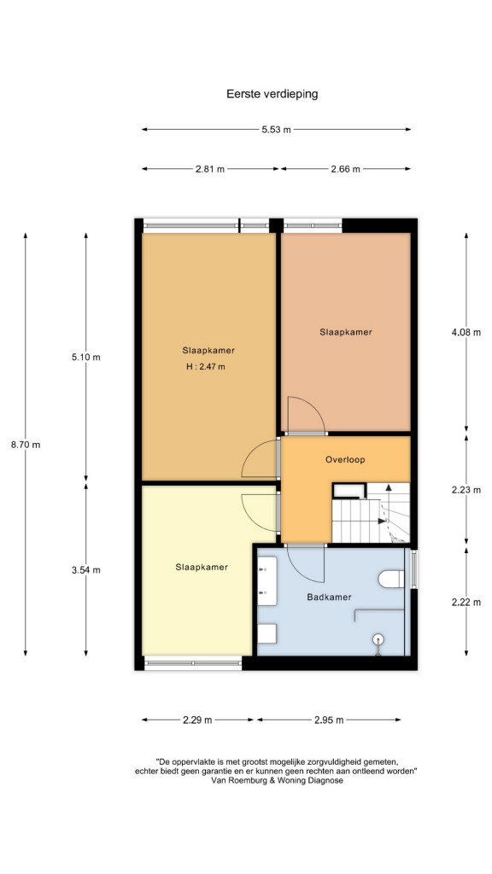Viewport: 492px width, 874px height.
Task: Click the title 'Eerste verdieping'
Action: (x=272, y=94)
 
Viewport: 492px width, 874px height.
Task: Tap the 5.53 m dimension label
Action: (x=276, y=130)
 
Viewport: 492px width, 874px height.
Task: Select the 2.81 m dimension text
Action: (x=210, y=170)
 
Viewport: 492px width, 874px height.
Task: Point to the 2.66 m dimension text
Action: (x=345, y=170)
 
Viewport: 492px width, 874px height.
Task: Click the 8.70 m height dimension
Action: (x=26, y=445)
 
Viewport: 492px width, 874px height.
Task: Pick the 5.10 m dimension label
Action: (x=86, y=358)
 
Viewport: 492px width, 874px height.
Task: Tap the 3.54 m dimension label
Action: (x=86, y=569)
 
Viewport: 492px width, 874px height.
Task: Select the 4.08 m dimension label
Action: (x=466, y=333)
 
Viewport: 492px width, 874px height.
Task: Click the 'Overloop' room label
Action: (x=345, y=460)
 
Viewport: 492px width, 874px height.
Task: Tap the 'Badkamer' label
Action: (x=329, y=597)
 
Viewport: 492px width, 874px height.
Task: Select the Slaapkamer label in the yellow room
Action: (x=202, y=567)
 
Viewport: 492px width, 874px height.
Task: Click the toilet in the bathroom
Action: (x=391, y=579)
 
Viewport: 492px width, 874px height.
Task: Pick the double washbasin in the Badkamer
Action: (x=266, y=583)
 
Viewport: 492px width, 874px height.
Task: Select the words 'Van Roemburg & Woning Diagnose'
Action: (x=278, y=780)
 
